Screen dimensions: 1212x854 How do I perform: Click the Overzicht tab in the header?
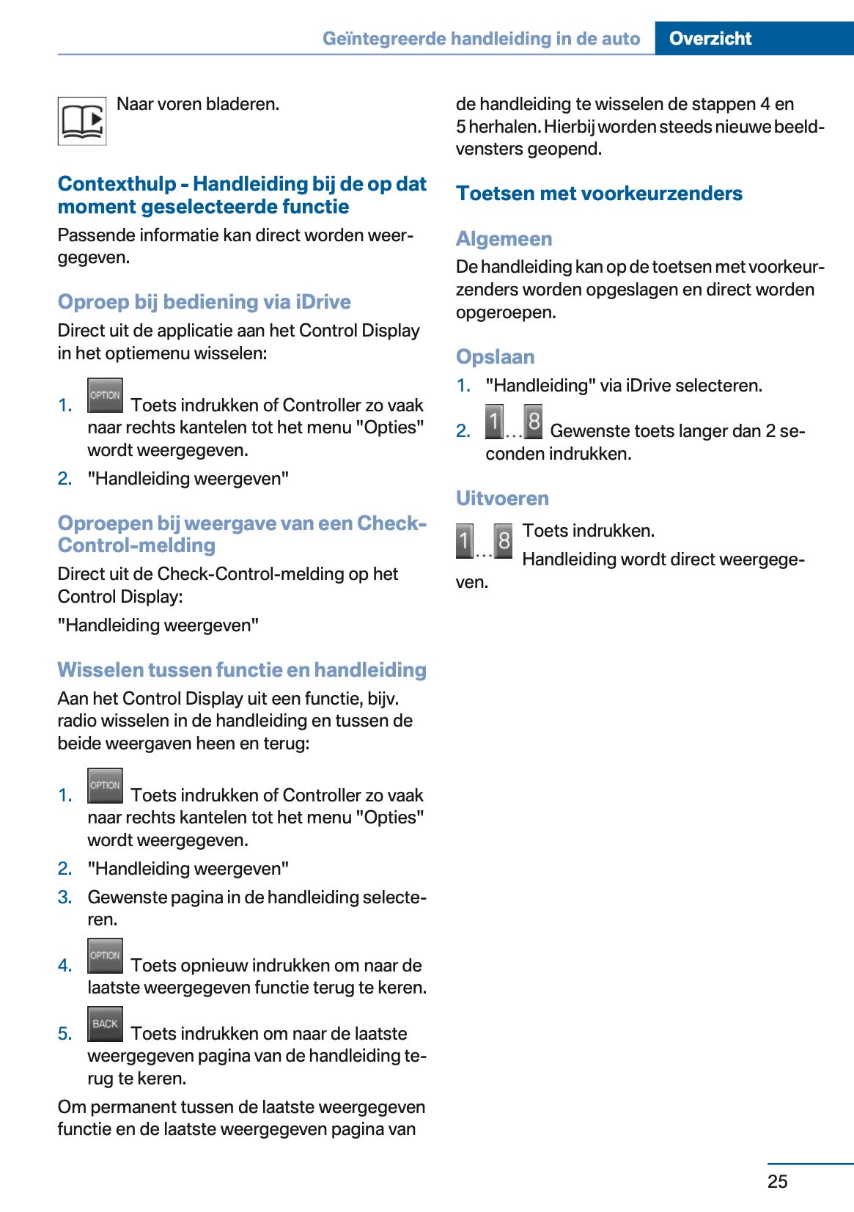[710, 38]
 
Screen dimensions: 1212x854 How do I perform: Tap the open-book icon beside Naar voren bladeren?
[82, 121]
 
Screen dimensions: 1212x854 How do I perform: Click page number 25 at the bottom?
[777, 1180]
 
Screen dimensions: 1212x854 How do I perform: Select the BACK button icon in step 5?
[105, 1024]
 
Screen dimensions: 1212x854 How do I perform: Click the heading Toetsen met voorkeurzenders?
[599, 194]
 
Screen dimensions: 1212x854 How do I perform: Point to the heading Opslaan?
[495, 357]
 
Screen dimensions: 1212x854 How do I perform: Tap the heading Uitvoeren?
[502, 499]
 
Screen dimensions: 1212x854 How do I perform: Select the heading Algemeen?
[504, 239]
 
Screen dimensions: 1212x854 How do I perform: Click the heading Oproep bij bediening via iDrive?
[204, 302]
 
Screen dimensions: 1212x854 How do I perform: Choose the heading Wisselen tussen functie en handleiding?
[242, 670]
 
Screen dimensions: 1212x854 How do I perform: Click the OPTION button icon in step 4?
[105, 955]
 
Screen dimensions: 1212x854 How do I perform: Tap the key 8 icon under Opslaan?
[534, 422]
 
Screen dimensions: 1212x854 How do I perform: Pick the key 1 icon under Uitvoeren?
[464, 541]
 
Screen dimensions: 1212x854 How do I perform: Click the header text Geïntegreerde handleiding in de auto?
[481, 38]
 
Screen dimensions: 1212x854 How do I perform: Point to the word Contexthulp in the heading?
[117, 184]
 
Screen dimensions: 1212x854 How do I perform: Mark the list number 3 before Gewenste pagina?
[65, 897]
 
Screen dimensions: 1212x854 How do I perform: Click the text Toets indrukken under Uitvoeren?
[588, 531]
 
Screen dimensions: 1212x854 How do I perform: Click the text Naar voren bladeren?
[198, 104]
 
